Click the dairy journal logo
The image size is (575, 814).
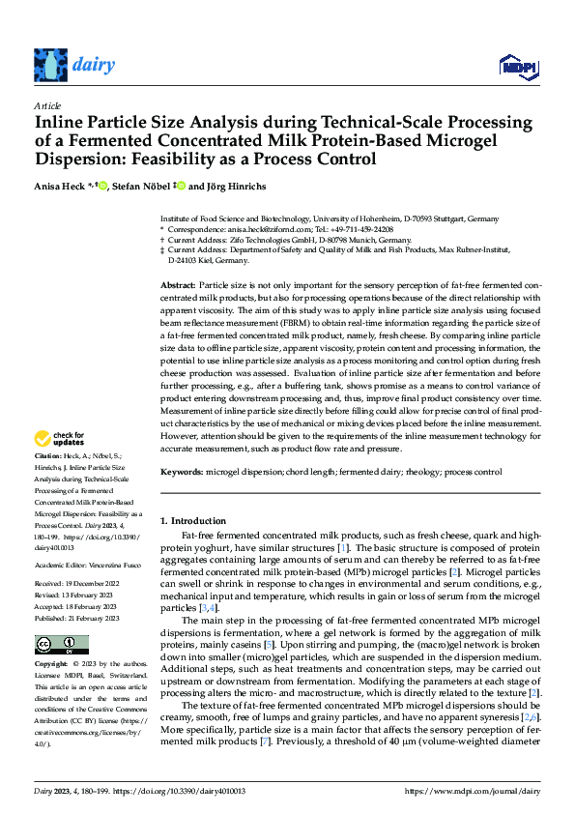tap(74, 65)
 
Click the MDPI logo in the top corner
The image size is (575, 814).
tap(514, 66)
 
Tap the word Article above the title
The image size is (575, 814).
tap(47, 105)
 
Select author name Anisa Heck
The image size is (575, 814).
tap(61, 186)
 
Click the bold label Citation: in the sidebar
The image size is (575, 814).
tap(47, 454)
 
